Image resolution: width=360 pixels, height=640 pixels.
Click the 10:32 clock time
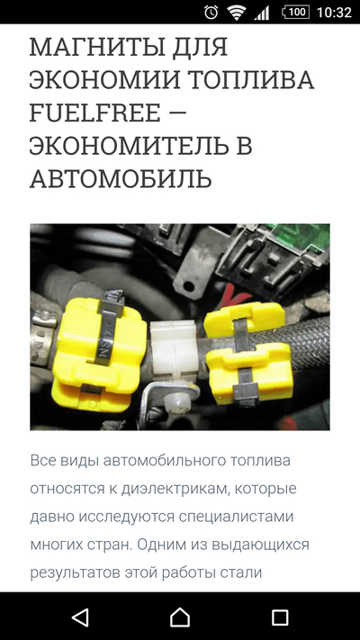tap(335, 13)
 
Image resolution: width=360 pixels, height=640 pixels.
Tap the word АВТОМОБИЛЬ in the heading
tap(121, 178)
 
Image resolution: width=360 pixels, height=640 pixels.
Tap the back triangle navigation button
tap(80, 617)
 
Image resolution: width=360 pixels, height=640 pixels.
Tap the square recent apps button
tap(280, 617)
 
